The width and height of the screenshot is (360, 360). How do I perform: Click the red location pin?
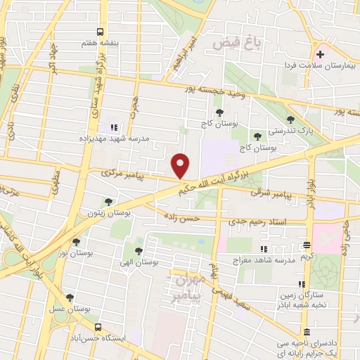pos(181,165)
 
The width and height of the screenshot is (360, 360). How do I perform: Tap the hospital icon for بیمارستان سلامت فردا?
pos(321,54)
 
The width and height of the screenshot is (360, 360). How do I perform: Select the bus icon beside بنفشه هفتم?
pos(101,32)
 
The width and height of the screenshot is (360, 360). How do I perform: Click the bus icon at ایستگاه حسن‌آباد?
pos(98,328)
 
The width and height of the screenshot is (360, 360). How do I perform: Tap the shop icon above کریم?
pos(307,245)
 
